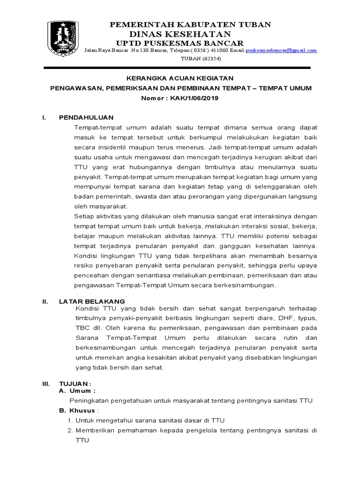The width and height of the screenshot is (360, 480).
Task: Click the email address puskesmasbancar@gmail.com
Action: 281,50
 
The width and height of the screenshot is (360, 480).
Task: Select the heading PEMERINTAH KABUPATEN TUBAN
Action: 190,25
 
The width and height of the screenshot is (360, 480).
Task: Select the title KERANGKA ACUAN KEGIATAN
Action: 180,78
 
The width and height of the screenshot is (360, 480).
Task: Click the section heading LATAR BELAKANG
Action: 91,301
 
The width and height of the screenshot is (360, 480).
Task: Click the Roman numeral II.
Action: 45,301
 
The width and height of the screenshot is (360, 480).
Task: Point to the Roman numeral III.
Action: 46,383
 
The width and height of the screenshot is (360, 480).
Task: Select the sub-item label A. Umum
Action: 77,390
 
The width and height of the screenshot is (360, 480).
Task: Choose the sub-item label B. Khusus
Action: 79,410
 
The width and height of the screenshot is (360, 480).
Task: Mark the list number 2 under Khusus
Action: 70,431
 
